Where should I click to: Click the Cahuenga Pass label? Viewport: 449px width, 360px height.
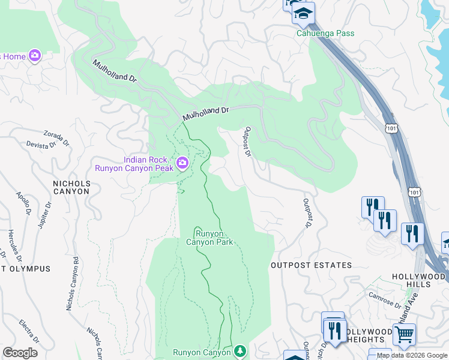(x=325, y=34)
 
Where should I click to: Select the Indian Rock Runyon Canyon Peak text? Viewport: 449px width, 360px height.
(x=149, y=164)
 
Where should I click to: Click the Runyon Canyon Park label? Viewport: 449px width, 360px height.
(x=209, y=238)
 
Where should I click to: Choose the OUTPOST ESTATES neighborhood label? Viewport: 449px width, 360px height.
(x=311, y=265)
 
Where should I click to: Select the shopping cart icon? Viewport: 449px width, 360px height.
(x=405, y=335)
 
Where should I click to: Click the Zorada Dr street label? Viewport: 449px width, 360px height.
(x=57, y=137)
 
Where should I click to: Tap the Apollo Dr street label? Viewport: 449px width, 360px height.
(x=24, y=204)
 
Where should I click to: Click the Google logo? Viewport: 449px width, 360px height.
(x=20, y=353)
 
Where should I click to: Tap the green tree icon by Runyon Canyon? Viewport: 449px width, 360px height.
(x=240, y=350)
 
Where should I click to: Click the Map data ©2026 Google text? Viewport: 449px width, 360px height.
(x=412, y=356)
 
